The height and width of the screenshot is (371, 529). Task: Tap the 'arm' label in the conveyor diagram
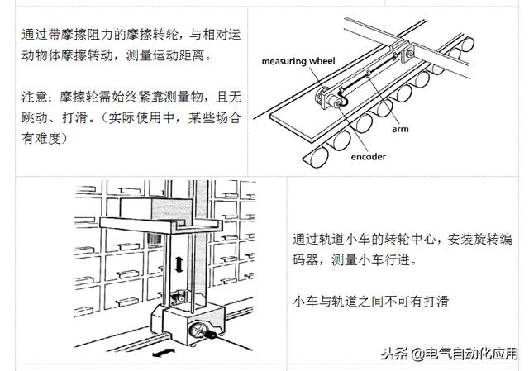click(401, 129)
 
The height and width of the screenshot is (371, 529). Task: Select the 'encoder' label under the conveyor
click(367, 156)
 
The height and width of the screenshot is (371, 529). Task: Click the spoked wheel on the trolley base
click(203, 330)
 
